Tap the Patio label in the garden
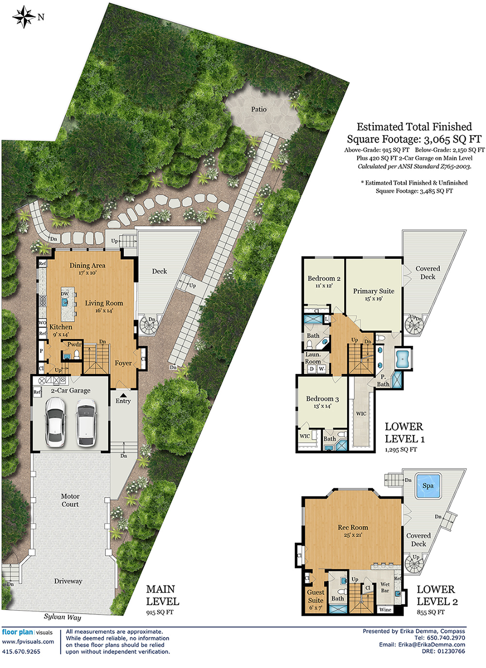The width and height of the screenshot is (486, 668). click(259, 109)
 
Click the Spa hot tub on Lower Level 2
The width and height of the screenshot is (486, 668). click(428, 486)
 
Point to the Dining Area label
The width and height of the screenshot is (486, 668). click(87, 266)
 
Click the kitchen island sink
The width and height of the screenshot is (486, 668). click(65, 302)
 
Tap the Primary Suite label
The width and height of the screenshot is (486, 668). click(373, 291)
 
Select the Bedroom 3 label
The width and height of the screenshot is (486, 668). click(322, 399)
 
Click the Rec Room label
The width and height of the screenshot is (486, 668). click(353, 527)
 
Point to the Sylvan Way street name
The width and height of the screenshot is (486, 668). click(62, 617)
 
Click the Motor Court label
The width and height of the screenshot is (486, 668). click(70, 500)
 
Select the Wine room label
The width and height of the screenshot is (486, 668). click(385, 610)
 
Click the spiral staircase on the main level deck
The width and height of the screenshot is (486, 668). click(147, 325)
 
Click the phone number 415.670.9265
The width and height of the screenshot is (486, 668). click(21, 651)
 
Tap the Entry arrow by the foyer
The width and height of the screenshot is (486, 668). click(123, 395)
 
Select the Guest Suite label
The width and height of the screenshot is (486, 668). click(315, 596)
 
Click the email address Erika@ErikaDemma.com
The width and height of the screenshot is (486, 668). click(432, 645)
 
